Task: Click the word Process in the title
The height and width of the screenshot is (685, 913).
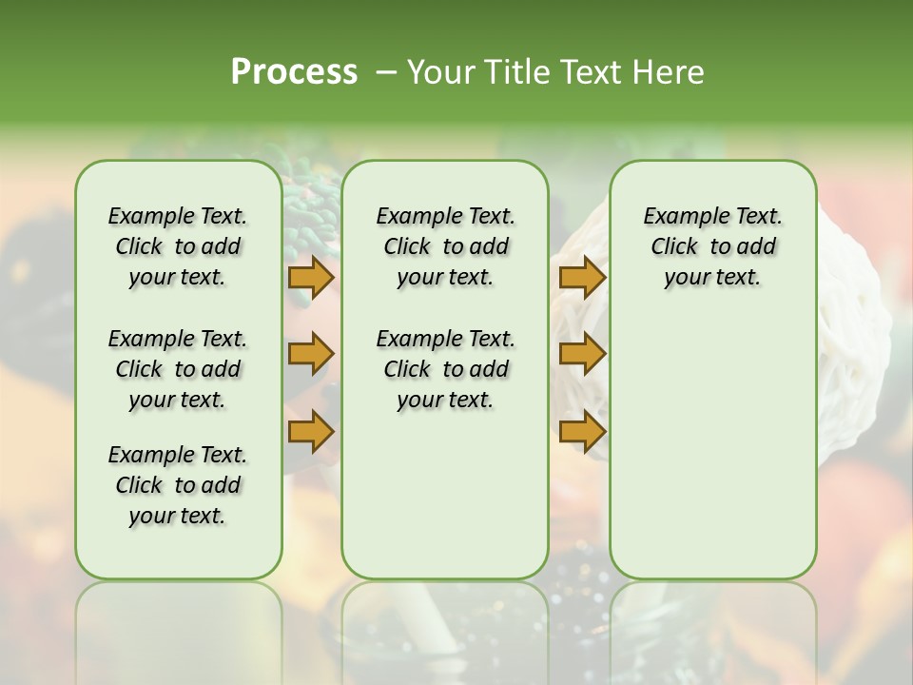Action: [294, 72]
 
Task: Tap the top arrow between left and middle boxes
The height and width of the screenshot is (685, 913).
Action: [311, 278]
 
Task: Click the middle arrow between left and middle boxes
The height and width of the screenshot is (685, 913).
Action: [311, 354]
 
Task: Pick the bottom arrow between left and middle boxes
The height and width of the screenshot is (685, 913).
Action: [311, 431]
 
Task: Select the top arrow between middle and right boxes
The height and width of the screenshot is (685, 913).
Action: [582, 278]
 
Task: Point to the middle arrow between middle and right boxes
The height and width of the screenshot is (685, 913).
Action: [582, 354]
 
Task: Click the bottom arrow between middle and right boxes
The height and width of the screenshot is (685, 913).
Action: [582, 431]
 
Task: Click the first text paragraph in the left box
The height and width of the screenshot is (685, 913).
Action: [178, 246]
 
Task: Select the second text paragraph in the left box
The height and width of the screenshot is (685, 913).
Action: [178, 369]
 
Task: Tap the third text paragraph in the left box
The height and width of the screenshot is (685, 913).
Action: [178, 485]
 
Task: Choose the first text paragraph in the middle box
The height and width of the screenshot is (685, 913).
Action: [445, 246]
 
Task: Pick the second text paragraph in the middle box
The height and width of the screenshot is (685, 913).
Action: [445, 369]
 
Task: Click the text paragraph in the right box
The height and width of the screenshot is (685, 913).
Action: [712, 246]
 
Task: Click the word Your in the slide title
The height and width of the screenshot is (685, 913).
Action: [438, 72]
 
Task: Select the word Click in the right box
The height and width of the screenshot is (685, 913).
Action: [674, 247]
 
